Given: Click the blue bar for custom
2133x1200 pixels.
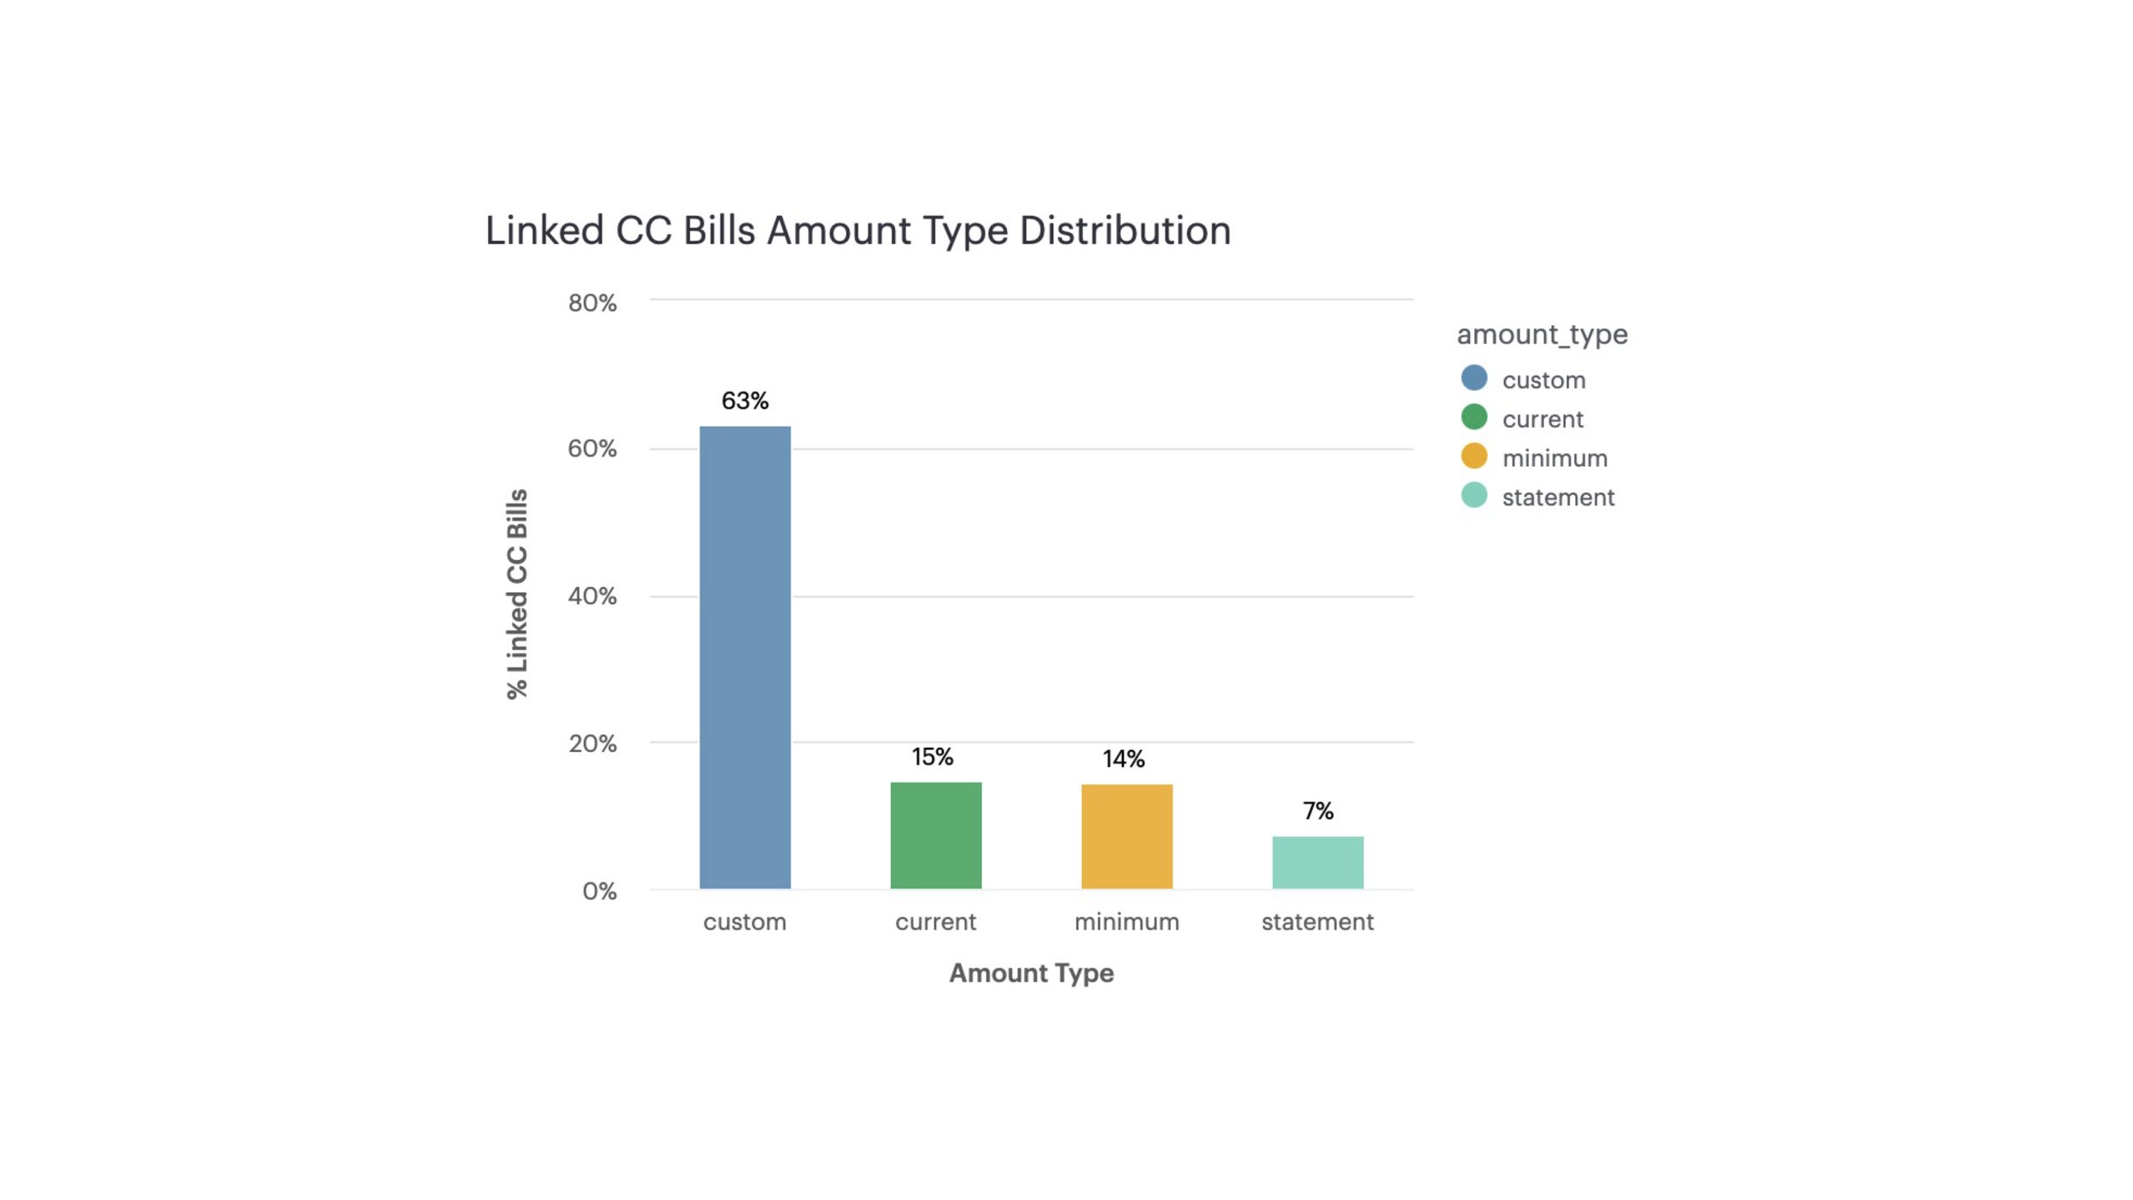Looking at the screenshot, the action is [745, 657].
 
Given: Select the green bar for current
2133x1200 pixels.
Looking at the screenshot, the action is [936, 836].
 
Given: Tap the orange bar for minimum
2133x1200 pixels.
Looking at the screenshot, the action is [1127, 836].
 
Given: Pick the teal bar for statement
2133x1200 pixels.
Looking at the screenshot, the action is [1318, 863].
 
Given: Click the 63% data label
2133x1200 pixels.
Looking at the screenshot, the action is [745, 400].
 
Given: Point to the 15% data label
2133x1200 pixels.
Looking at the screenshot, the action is [933, 757].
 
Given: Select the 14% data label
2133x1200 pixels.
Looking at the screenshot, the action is [1124, 759].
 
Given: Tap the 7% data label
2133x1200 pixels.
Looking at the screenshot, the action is [1318, 811].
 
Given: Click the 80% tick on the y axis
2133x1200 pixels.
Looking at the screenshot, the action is [592, 303].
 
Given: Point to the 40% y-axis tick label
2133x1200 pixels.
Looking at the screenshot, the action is [592, 596].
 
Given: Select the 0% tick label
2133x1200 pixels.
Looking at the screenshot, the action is [599, 891].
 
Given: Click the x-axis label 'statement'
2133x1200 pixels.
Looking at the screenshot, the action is [1318, 922].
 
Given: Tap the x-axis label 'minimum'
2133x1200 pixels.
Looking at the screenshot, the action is [1127, 922].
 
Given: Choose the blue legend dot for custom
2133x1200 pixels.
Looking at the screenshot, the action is [1474, 377].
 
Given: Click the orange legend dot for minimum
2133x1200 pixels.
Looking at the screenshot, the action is [1474, 456].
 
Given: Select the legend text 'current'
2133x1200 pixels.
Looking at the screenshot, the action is [1543, 419].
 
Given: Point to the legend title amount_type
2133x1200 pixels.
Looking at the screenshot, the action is [1543, 335].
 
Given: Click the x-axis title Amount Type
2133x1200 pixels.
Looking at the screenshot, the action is [1032, 973].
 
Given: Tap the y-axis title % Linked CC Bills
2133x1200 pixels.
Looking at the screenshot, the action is [517, 594].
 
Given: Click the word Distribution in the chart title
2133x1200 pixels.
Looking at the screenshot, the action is [1125, 230].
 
